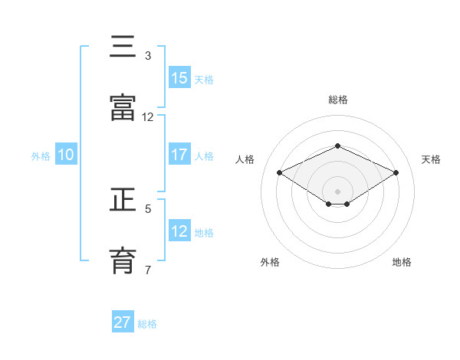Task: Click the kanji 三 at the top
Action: (x=123, y=47)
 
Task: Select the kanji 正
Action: (x=123, y=200)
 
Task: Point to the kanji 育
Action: (x=123, y=261)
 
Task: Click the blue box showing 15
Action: (x=179, y=78)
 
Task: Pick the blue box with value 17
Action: (x=179, y=155)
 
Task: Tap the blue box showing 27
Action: (x=123, y=322)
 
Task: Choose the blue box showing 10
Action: (x=66, y=155)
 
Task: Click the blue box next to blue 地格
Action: (x=179, y=231)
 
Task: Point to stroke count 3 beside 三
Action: (x=148, y=56)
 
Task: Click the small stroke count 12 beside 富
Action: (x=148, y=117)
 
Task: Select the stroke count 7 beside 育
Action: (x=148, y=270)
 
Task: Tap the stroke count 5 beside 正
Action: (x=148, y=208)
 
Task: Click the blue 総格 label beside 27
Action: (x=147, y=324)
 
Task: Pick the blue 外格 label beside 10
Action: (x=41, y=155)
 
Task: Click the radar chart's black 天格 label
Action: (x=431, y=159)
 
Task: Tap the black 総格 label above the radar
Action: (x=337, y=100)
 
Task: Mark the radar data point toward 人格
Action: (x=280, y=172)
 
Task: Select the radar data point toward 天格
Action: (x=396, y=172)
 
